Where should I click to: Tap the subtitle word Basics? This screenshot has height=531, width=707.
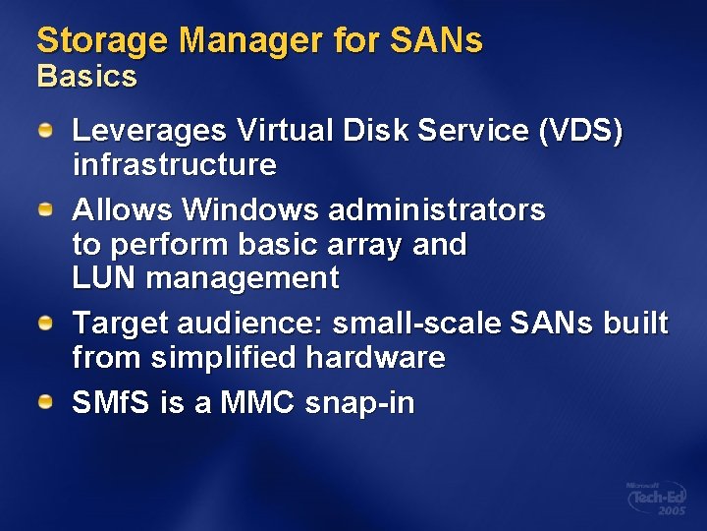(86, 76)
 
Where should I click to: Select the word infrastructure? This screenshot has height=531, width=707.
(175, 164)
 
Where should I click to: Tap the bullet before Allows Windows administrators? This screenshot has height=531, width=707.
(45, 209)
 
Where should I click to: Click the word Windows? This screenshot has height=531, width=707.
(250, 209)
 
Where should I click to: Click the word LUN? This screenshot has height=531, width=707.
(105, 278)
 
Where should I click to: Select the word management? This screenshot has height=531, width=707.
(243, 278)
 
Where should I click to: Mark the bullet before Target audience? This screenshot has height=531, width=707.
(45, 323)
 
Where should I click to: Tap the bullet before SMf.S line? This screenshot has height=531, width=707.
(45, 403)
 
